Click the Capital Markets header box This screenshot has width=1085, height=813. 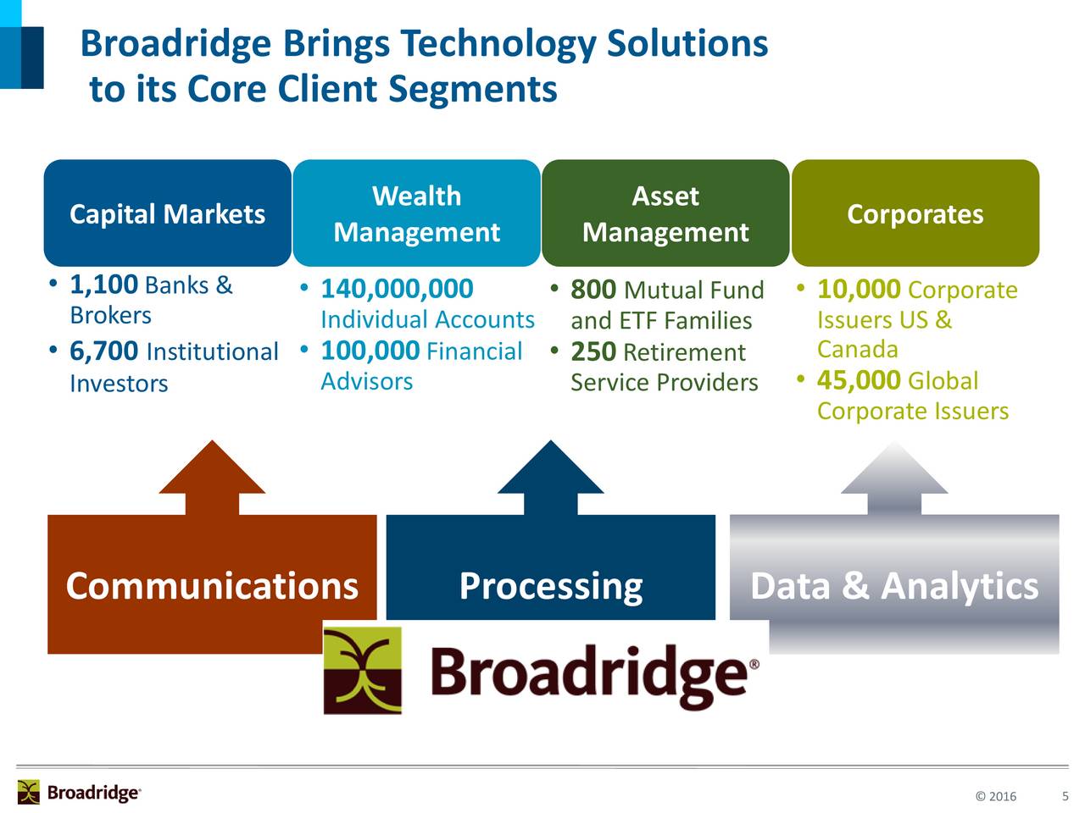tap(167, 213)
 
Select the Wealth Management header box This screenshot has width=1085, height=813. tap(416, 213)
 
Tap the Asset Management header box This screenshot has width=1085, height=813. tap(665, 213)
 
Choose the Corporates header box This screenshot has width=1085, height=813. tap(915, 213)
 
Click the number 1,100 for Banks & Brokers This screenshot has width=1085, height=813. tap(103, 284)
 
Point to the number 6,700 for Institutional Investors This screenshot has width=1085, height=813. tap(103, 351)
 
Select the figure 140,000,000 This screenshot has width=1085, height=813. tap(397, 289)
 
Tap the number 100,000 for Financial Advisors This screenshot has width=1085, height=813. tap(370, 351)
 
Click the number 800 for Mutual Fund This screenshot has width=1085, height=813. tap(593, 290)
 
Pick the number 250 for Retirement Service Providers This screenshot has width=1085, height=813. tap(593, 351)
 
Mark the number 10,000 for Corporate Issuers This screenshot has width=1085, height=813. tap(858, 290)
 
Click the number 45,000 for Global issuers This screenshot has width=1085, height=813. tap(858, 380)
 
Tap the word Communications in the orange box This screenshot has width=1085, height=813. tap(212, 586)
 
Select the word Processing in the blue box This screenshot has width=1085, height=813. tap(550, 586)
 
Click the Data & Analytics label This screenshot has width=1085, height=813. tap(894, 586)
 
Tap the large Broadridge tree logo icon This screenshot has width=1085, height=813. tap(363, 670)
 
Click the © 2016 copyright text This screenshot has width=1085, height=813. tap(995, 796)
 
